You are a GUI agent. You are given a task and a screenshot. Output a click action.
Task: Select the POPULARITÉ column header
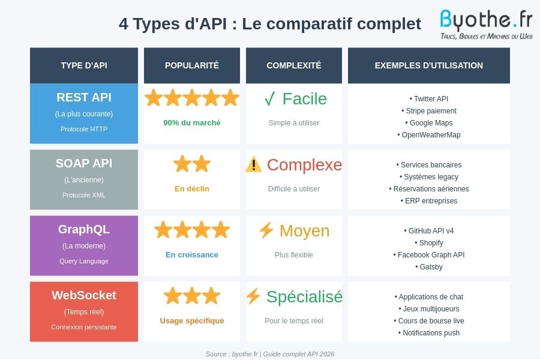point(192,65)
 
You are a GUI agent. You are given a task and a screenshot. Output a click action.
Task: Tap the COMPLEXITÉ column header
point(294,65)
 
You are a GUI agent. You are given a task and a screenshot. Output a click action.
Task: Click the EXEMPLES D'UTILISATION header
point(429,65)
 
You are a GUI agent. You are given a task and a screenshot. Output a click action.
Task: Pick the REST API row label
point(84,98)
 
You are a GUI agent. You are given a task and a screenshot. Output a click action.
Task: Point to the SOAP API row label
point(84,164)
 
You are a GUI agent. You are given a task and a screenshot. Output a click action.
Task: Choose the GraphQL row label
point(84,230)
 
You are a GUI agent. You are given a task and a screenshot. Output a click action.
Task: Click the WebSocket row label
point(84,296)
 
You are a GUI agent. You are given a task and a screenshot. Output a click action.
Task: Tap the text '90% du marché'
point(192,123)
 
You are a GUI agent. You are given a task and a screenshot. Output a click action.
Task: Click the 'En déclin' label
point(192,189)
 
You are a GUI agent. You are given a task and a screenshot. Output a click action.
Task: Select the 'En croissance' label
point(192,255)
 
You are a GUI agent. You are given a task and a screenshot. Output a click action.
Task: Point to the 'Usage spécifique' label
point(192,321)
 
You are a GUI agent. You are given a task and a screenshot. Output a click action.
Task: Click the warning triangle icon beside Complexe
point(254,164)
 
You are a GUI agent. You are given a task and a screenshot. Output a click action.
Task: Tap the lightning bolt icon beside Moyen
point(266,230)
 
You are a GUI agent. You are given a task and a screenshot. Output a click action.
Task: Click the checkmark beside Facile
point(270,99)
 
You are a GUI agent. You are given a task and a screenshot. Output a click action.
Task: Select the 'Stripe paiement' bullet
point(429,111)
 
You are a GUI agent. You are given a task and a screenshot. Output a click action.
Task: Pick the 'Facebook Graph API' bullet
point(429,255)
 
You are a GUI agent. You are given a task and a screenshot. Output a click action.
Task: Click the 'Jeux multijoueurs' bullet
point(429,309)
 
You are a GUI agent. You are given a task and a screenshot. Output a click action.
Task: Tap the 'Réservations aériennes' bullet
point(429,189)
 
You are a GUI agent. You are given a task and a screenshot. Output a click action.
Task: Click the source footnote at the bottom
point(270,354)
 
